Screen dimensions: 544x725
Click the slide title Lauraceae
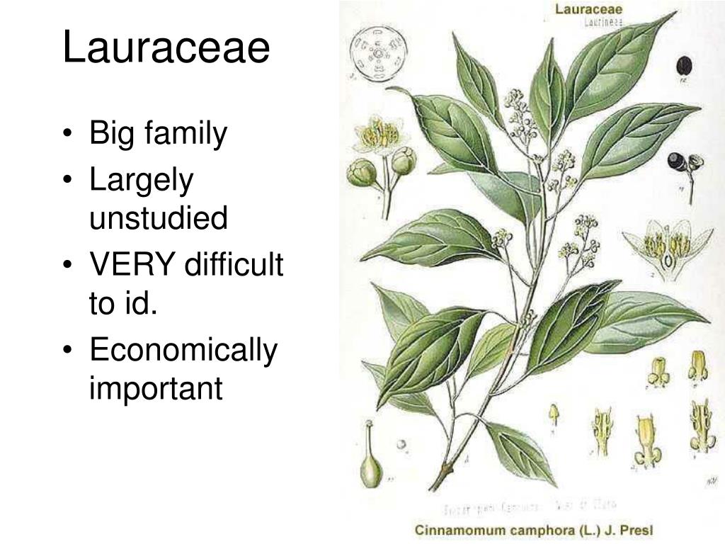pos(166,49)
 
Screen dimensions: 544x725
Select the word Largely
pos(141,182)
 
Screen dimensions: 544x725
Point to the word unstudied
pos(159,218)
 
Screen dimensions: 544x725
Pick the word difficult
pos(234,267)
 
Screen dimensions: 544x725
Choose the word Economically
pos(183,352)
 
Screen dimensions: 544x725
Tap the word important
pos(156,387)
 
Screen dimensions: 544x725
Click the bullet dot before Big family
pos(75,135)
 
